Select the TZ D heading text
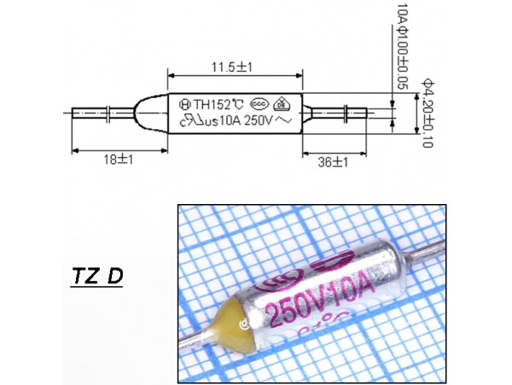pos(95,277)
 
